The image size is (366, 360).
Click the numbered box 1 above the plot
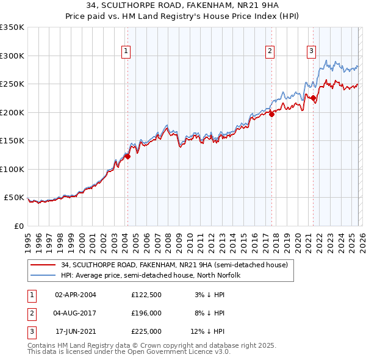126,51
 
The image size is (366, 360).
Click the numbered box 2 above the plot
270,51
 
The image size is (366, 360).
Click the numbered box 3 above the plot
312,51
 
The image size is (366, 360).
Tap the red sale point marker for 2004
128,156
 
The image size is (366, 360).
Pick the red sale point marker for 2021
313,98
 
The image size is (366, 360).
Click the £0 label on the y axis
18,226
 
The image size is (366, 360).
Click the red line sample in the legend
43,265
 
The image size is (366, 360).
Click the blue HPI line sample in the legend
43,275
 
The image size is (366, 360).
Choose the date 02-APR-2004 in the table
75,294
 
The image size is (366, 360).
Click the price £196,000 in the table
146,313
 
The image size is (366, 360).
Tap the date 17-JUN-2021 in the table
75,331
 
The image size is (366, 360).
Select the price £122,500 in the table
146,294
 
